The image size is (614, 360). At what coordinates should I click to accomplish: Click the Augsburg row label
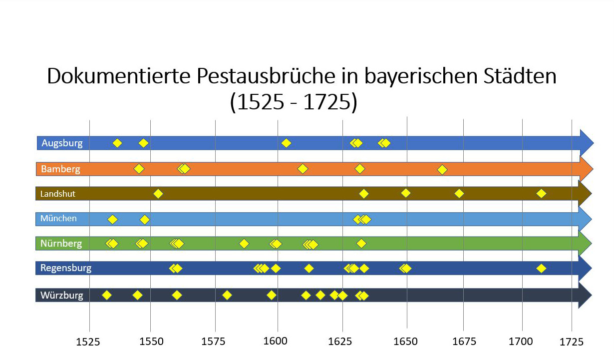tap(62, 143)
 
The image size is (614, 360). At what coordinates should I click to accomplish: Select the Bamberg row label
tap(60, 169)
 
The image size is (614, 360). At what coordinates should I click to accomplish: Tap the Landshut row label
tap(58, 194)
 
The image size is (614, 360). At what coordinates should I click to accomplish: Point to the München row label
tap(59, 218)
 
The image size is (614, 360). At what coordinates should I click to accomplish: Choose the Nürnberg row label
tap(61, 244)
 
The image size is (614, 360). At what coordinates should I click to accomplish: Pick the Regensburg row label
tap(66, 268)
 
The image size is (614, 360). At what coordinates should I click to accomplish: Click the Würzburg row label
tap(62, 295)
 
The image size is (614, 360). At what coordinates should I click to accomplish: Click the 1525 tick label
tap(88, 342)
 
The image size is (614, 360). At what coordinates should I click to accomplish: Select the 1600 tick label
tap(276, 342)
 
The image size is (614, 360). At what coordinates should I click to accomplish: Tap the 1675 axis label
tap(464, 342)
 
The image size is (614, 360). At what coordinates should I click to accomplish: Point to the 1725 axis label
tap(572, 342)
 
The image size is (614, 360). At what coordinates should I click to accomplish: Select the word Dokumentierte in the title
tap(118, 76)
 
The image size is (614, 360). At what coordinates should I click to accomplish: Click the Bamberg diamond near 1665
tap(442, 170)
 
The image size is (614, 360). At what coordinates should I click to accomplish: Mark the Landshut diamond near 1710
tap(541, 193)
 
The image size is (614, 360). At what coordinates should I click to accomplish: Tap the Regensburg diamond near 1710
tap(541, 269)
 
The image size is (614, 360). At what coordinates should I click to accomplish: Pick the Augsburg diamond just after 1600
tap(286, 143)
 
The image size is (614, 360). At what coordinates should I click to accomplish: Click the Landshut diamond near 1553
tap(158, 194)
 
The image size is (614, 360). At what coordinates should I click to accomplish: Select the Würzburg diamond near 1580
tap(227, 295)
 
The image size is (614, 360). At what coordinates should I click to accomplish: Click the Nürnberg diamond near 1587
tap(244, 244)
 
